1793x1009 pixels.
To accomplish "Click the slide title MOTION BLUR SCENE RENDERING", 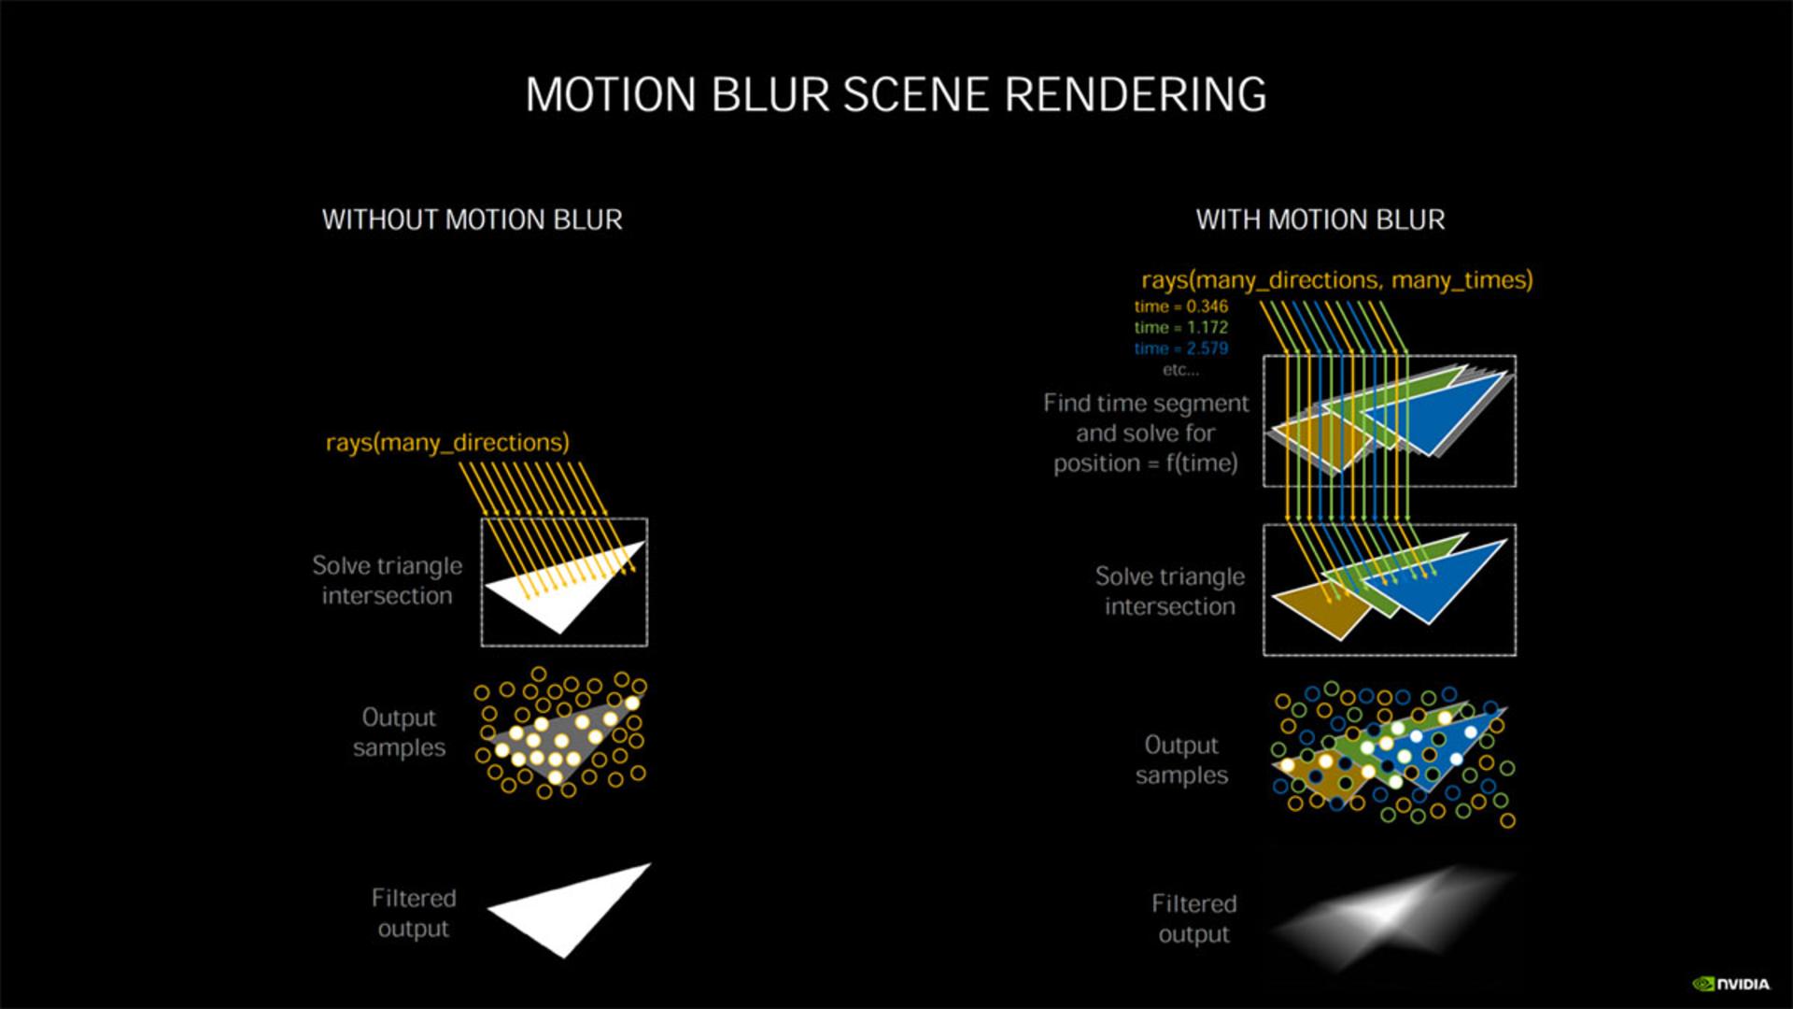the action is [x=896, y=94].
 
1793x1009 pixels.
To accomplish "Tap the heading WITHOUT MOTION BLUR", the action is [x=473, y=220].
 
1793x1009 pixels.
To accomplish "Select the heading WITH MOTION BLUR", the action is [x=1320, y=220].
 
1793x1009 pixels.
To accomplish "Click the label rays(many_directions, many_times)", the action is [x=1337, y=280].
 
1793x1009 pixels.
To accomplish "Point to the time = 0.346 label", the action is [x=1181, y=306].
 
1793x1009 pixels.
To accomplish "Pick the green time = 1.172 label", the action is [x=1181, y=327].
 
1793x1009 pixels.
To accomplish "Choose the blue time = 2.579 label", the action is [x=1181, y=348].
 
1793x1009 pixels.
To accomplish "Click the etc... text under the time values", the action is [x=1180, y=370].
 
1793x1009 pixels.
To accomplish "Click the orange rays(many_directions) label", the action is [x=447, y=442].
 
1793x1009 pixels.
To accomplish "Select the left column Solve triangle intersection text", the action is [x=387, y=581].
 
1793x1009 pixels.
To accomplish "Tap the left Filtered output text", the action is [x=414, y=914].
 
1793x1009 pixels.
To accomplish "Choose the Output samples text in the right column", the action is [x=1181, y=760].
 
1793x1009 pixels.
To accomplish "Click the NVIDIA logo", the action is [x=1730, y=984].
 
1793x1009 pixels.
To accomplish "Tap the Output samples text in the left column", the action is [x=399, y=732].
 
